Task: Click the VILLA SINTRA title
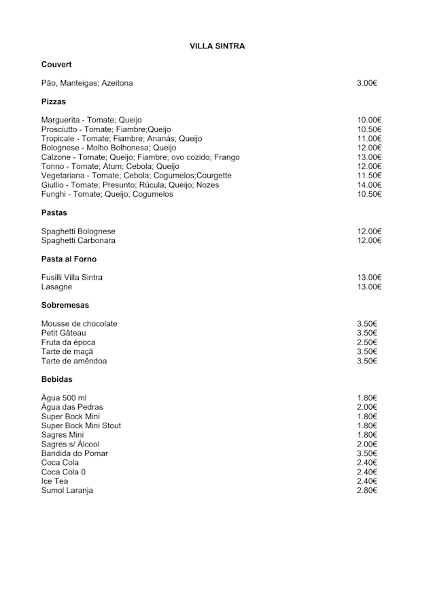[x=217, y=46]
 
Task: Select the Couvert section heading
[x=56, y=65]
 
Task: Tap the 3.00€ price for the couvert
[x=367, y=83]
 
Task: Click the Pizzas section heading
[x=54, y=101]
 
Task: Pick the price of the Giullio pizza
[x=370, y=185]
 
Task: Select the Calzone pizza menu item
[x=140, y=157]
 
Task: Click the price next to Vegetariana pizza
[x=370, y=176]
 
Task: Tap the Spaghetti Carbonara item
[x=78, y=241]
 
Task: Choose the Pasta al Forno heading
[x=69, y=259]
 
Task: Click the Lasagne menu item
[x=56, y=287]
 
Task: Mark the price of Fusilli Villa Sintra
[x=370, y=278]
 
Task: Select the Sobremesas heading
[x=65, y=306]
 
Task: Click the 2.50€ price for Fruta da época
[x=367, y=342]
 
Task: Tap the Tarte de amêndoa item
[x=74, y=361]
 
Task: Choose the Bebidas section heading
[x=56, y=379]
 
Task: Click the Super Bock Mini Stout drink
[x=81, y=426]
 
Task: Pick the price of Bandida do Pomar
[x=367, y=453]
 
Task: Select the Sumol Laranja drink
[x=67, y=491]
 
